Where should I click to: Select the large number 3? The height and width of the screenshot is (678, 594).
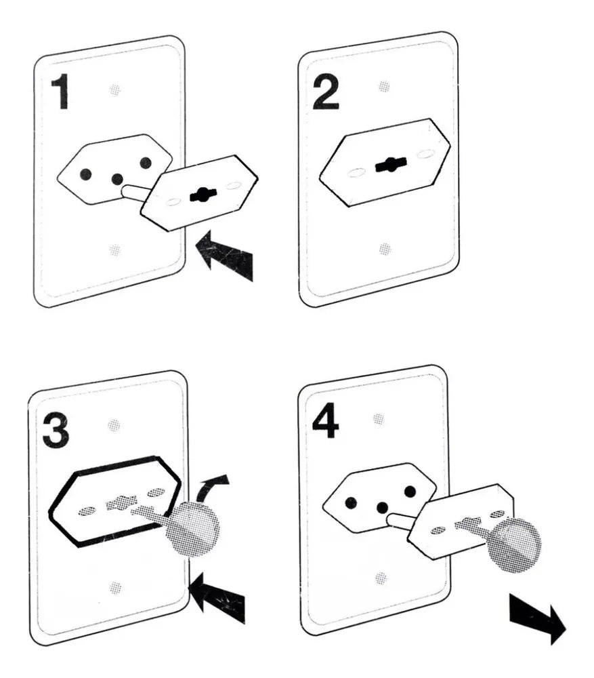[56, 431]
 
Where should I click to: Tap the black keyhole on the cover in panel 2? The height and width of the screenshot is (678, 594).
[391, 164]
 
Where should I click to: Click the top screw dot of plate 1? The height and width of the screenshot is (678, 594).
[114, 90]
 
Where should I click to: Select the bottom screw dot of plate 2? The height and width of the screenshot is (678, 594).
[385, 249]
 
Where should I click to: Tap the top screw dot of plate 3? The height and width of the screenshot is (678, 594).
[114, 425]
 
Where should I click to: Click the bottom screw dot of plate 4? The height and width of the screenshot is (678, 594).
[381, 578]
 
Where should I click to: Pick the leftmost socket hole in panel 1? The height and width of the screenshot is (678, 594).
[85, 174]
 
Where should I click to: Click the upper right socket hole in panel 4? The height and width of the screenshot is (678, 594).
[410, 491]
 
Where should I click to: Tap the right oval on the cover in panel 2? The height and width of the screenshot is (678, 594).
[426, 154]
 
